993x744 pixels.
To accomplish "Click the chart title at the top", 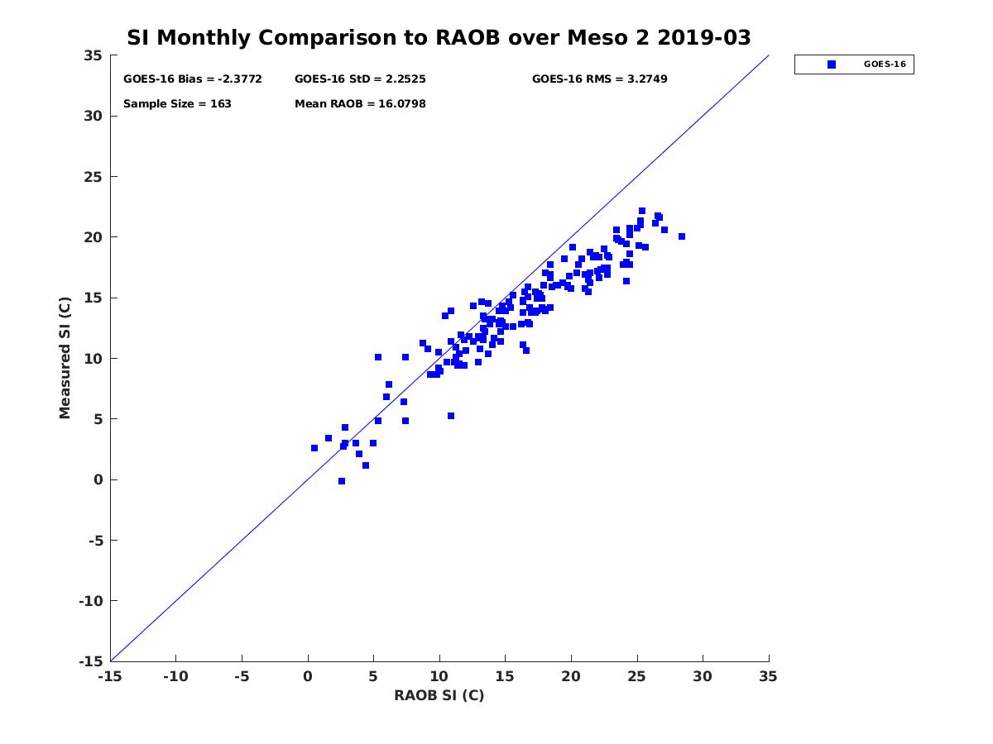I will [x=439, y=38].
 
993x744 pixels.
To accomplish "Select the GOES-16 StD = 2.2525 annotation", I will [x=360, y=79].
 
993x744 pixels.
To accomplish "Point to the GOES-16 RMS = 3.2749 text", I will [x=599, y=79].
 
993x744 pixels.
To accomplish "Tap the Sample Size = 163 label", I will [x=177, y=104].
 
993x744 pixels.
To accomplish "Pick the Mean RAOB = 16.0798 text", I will [x=360, y=104].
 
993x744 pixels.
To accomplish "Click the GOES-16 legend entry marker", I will [x=832, y=64].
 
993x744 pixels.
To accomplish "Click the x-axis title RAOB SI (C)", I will [x=439, y=695].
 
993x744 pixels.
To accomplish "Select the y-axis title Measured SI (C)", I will [x=65, y=358].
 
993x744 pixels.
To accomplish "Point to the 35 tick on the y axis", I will [x=93, y=55].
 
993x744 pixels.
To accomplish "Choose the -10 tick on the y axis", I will [x=89, y=601].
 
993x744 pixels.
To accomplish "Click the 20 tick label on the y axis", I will [x=93, y=237].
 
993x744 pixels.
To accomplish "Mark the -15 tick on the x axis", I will [x=110, y=676].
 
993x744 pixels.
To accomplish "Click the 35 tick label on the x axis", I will [x=769, y=676].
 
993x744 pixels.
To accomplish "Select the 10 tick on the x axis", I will [x=439, y=676].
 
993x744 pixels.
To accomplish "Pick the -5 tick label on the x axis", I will [x=242, y=676].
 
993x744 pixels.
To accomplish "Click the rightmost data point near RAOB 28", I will [x=682, y=236].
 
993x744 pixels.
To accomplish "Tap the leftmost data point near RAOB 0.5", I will [x=314, y=448].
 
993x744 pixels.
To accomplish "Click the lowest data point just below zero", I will [x=342, y=481].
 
